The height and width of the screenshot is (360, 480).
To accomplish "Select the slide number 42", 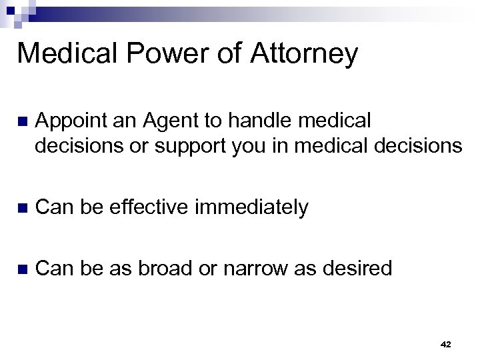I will point(446,345).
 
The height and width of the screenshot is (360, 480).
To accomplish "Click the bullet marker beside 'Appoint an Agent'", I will point(22,122).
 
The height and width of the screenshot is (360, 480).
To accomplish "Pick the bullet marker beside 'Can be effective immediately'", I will point(22,208).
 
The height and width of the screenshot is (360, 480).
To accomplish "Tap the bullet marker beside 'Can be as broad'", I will point(22,269).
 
